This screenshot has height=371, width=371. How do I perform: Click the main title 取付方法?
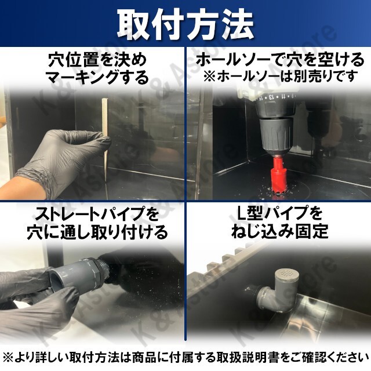[x=185, y=24]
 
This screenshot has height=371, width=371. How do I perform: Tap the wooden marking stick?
[x=105, y=140]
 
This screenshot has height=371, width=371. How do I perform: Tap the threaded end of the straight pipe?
[x=104, y=269]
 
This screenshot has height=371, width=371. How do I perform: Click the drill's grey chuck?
[x=277, y=135]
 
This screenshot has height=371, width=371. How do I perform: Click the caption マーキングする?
[x=97, y=78]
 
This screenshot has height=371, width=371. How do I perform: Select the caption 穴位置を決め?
[x=97, y=60]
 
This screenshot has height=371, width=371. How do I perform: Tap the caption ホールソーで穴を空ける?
[x=279, y=60]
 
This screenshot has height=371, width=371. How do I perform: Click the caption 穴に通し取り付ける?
[x=97, y=232]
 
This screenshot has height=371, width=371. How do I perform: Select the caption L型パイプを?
[x=279, y=213]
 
